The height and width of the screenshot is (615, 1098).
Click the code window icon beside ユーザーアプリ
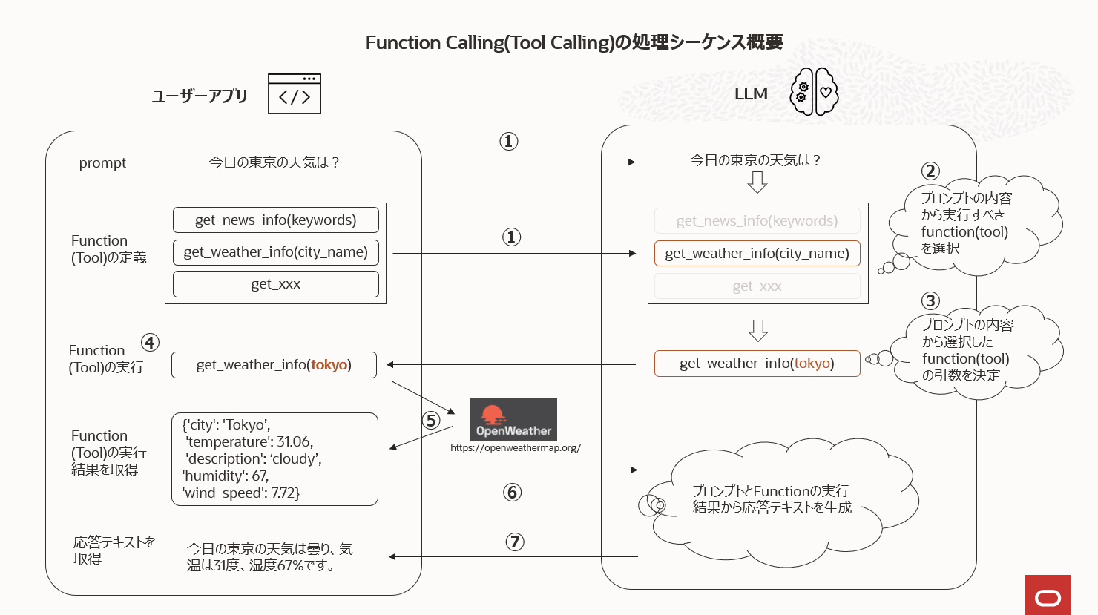pos(295,93)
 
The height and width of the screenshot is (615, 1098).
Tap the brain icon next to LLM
pos(814,92)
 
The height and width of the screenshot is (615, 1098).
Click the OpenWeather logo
pos(513,420)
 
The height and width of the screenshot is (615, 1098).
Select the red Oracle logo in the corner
pos(1048,594)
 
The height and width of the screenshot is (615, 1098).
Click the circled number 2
pos(930,171)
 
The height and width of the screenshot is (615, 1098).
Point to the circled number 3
pos(930,300)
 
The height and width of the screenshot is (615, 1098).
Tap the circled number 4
pos(151,342)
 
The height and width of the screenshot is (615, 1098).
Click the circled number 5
pos(431,421)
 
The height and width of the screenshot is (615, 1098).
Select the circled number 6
pos(512,492)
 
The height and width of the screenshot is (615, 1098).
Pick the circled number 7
pos(515,542)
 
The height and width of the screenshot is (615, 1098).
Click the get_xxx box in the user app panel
pos(275,284)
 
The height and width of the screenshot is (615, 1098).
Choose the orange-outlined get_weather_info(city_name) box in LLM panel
pos(757,253)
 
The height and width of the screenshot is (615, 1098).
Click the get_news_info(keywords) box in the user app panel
pos(275,220)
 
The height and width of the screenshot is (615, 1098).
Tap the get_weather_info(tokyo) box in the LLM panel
pos(757,364)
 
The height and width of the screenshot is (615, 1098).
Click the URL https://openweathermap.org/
pos(516,448)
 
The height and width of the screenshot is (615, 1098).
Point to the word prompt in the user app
pos(102,163)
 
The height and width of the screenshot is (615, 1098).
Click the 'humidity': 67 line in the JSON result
pos(226,476)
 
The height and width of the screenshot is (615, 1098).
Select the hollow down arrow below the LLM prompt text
pos(757,182)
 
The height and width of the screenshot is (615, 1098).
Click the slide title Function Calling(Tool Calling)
pos(573,42)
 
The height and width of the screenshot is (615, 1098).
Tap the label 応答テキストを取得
pos(114,550)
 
